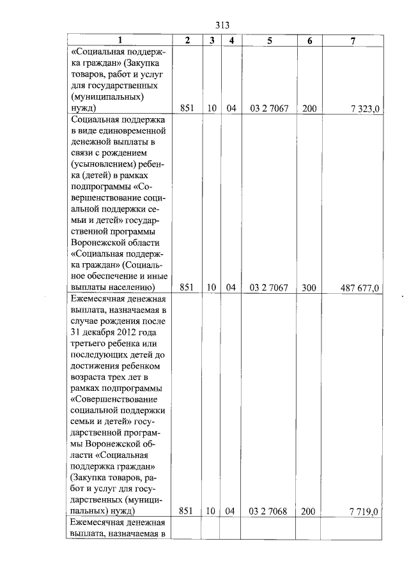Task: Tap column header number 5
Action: (270, 40)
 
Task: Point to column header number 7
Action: (353, 40)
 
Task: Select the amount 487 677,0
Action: (360, 288)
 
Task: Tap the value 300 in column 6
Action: (309, 287)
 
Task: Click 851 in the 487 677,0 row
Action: (187, 287)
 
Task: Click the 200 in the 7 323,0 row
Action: (309, 109)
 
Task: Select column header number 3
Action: (211, 40)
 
